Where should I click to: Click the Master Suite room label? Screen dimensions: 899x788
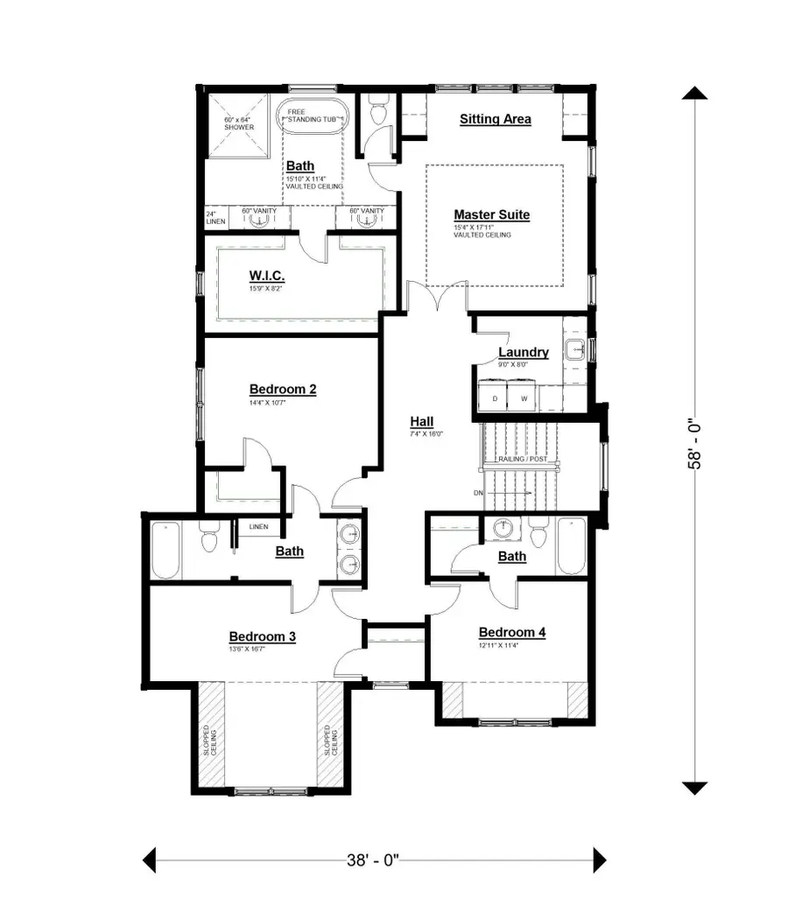[x=491, y=214]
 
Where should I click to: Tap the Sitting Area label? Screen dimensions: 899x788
[x=495, y=119]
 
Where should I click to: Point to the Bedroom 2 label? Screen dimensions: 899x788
[x=282, y=390]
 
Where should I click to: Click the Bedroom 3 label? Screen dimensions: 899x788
[x=262, y=636]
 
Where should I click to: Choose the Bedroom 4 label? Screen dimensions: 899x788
[x=511, y=632]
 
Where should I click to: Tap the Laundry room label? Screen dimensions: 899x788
[x=523, y=352]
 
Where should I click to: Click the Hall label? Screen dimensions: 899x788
[x=421, y=422]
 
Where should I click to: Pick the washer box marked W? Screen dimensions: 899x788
[x=524, y=398]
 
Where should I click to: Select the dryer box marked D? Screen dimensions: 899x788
[x=495, y=398]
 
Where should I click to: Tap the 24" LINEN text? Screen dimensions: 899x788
[x=215, y=217]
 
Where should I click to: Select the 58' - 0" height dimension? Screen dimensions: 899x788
[x=693, y=443]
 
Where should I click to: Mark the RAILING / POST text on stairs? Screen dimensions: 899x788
[x=522, y=459]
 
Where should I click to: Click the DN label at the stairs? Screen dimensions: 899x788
[x=479, y=494]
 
